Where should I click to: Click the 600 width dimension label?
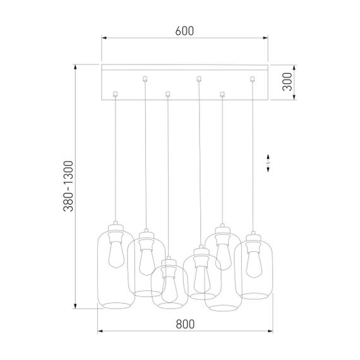184,30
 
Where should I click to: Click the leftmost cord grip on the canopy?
114,95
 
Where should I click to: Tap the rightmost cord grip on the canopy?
253,79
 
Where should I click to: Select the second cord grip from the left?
145,79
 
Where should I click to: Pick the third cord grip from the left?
167,95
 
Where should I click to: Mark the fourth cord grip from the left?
199,79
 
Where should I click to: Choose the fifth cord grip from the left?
221,95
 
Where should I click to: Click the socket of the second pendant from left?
145,237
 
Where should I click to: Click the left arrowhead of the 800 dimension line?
99,331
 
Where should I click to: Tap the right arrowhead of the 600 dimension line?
268,38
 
